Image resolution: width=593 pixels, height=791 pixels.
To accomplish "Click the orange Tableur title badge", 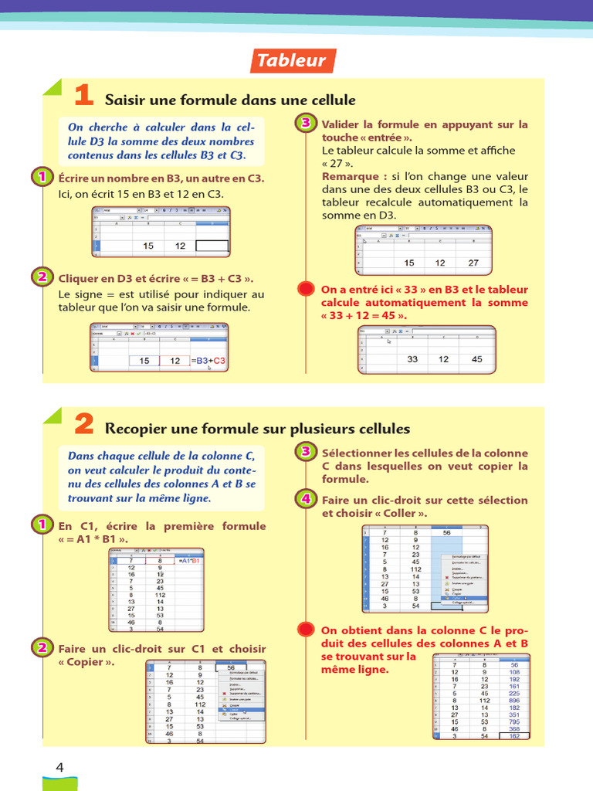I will [291, 61].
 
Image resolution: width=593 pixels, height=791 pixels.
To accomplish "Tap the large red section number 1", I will [83, 97].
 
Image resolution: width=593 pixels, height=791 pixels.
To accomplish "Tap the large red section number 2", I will [83, 425].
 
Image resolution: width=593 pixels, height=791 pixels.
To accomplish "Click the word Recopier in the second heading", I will [135, 429].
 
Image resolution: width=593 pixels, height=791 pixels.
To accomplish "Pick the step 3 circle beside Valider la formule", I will [306, 124].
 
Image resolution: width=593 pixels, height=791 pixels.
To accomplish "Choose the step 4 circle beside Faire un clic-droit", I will [306, 499].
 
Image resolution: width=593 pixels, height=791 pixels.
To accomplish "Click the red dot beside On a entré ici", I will [306, 289].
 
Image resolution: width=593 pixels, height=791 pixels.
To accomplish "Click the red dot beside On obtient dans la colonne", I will [306, 629].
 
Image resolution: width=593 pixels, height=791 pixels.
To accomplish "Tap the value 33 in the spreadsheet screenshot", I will [412, 359].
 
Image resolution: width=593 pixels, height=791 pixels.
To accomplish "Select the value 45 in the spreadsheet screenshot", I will [476, 359].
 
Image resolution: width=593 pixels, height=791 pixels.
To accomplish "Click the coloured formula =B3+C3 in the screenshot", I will [208, 361].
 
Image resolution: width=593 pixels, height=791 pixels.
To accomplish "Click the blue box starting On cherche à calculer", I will [161, 141].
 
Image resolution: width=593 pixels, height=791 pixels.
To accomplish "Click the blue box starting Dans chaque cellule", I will [161, 477].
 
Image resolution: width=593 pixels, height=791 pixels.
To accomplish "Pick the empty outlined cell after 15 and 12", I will [212, 246].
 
